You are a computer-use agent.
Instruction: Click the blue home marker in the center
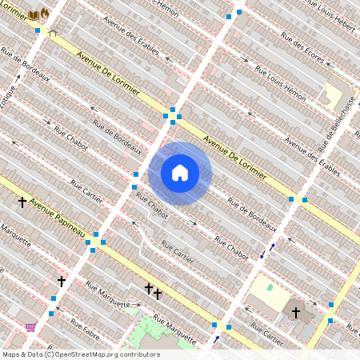pyautogui.click(x=180, y=173)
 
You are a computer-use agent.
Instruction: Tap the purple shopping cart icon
pyautogui.click(x=30, y=326)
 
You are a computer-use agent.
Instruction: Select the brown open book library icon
pyautogui.click(x=34, y=15)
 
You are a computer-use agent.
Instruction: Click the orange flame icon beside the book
pyautogui.click(x=45, y=15)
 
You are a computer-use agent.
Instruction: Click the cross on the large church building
pyautogui.click(x=295, y=312)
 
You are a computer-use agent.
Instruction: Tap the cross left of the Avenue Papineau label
pyautogui.click(x=22, y=202)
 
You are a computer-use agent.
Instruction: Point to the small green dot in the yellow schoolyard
pyautogui.click(x=270, y=287)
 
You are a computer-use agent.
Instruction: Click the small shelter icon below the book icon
pyautogui.click(x=53, y=34)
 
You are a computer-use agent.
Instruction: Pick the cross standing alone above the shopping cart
pyautogui.click(x=61, y=282)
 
